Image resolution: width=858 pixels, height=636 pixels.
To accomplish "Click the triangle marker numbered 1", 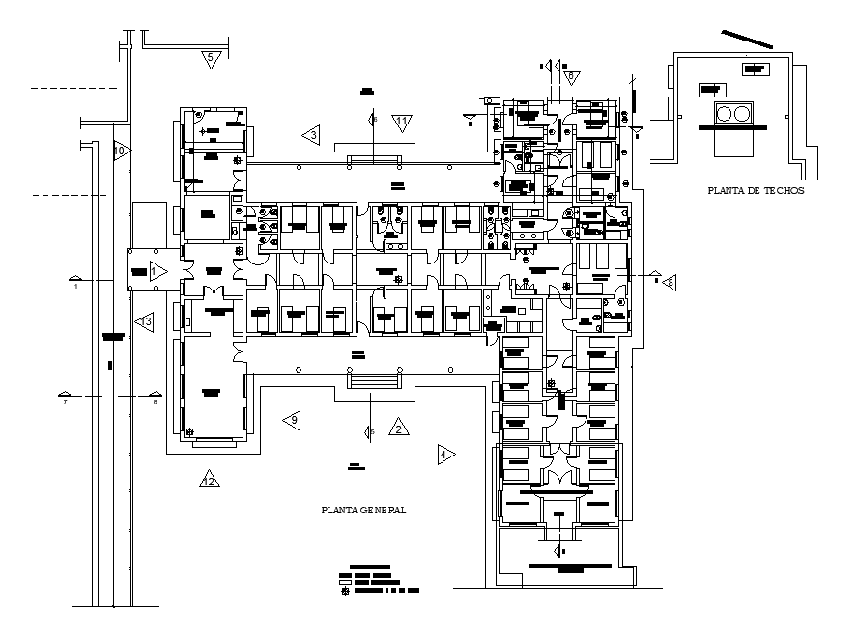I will click(157, 273).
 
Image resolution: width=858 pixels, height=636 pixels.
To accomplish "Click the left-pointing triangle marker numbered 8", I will click(667, 282).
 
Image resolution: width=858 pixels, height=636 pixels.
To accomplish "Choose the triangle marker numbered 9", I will click(292, 420).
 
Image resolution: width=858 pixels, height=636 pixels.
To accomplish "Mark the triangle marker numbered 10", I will click(120, 152).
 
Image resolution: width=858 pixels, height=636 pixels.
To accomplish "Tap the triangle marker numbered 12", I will click(209, 480).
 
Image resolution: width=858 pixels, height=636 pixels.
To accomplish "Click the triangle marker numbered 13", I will click(145, 321).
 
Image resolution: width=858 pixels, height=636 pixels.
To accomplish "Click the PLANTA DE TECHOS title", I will click(756, 191).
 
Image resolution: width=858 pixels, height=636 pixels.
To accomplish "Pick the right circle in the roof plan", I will click(742, 114).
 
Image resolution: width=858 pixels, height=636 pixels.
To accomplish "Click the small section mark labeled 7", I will click(65, 396).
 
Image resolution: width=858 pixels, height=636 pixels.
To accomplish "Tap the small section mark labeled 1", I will click(74, 281).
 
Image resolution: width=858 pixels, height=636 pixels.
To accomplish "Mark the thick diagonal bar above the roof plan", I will click(746, 40).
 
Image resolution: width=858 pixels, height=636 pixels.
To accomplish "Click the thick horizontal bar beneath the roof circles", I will click(733, 125).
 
